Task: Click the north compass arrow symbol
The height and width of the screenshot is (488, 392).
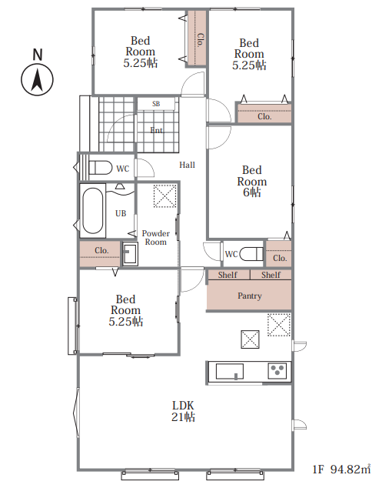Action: (37, 80)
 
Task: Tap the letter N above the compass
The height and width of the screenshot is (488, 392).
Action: (38, 55)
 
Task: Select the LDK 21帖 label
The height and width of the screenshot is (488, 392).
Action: (184, 411)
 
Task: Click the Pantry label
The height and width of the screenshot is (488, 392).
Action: (250, 296)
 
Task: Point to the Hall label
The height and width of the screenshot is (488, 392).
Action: (187, 165)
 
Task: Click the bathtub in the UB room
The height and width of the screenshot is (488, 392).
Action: (93, 211)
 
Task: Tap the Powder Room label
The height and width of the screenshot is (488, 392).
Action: (156, 238)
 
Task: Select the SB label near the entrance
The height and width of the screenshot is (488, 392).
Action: (156, 104)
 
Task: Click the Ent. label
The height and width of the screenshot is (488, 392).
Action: (157, 130)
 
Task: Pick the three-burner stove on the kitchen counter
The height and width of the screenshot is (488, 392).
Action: (277, 371)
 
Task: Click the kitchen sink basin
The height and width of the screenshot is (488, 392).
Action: (230, 371)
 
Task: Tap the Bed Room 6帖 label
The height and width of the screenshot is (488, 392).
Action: (252, 181)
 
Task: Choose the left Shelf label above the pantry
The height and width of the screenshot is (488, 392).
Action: (228, 275)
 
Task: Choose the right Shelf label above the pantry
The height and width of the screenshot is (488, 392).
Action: (271, 275)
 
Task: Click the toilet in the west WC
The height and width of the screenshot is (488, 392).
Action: (100, 168)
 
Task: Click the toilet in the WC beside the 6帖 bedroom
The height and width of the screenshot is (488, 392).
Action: (252, 254)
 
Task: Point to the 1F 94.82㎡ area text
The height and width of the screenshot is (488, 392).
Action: (341, 469)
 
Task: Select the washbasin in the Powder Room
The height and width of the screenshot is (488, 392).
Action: (130, 254)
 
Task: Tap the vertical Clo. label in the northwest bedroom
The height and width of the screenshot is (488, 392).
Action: (201, 40)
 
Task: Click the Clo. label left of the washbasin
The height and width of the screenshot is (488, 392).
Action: (101, 250)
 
